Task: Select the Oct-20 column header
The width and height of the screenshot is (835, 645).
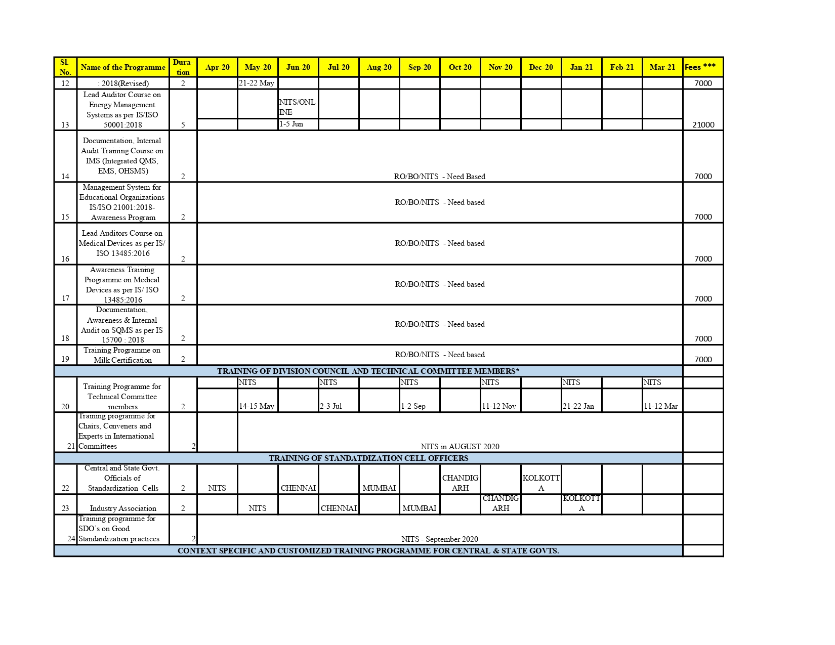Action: click(460, 67)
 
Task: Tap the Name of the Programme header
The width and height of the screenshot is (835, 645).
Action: click(123, 67)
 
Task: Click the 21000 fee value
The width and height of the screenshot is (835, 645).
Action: click(703, 125)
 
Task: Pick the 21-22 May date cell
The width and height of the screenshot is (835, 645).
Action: click(257, 83)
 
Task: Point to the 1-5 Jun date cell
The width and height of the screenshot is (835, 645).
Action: click(291, 124)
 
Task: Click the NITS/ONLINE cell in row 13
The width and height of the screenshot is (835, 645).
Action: click(297, 107)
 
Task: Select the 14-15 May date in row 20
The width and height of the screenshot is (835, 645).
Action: click(257, 406)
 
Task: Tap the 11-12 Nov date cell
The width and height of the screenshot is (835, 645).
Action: click(499, 406)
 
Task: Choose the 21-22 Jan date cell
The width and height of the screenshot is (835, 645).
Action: click(578, 406)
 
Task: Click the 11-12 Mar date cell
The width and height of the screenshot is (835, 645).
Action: click(660, 406)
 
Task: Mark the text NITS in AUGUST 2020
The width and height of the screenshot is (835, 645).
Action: click(460, 447)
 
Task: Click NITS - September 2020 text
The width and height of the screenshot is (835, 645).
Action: click(439, 539)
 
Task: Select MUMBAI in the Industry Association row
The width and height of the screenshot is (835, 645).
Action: click(419, 508)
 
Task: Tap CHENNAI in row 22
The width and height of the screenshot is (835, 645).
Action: click(298, 488)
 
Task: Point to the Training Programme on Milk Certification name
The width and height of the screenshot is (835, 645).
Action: click(122, 355)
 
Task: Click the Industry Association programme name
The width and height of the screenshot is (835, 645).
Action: click(123, 508)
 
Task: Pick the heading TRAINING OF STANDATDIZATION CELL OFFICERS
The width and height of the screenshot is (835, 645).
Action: click(368, 458)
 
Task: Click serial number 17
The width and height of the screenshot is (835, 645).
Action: click(65, 298)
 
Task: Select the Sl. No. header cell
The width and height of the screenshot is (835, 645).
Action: click(65, 67)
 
